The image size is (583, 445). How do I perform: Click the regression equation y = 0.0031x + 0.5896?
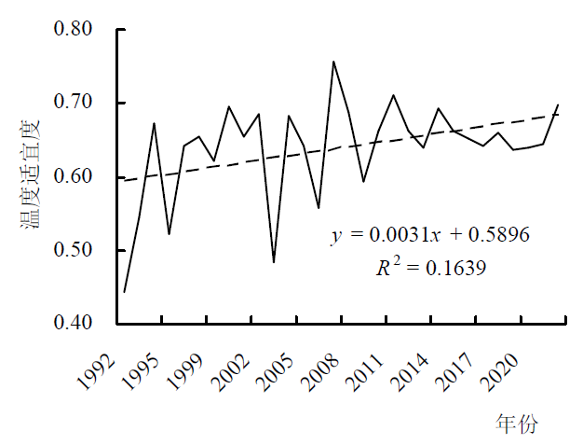click(x=430, y=235)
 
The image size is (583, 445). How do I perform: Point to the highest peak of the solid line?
click(x=333, y=62)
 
